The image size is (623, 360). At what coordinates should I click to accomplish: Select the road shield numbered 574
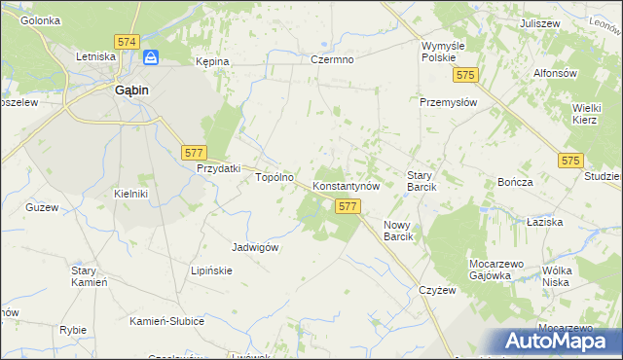pos(126,42)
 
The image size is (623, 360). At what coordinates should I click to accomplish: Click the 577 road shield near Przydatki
pos(193,152)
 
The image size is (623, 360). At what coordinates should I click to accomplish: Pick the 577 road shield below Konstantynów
pos(348,206)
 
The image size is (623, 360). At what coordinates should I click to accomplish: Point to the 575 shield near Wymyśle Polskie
pos(467,75)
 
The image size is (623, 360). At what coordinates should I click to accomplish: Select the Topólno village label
pos(275,178)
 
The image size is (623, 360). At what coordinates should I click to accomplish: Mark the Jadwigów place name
pos(256,247)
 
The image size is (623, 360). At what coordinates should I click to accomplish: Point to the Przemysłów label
pos(446,102)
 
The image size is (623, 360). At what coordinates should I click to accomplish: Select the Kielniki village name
pos(130,194)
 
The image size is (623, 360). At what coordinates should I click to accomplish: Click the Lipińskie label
pos(211,270)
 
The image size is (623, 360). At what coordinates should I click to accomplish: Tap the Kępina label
pos(212,61)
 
